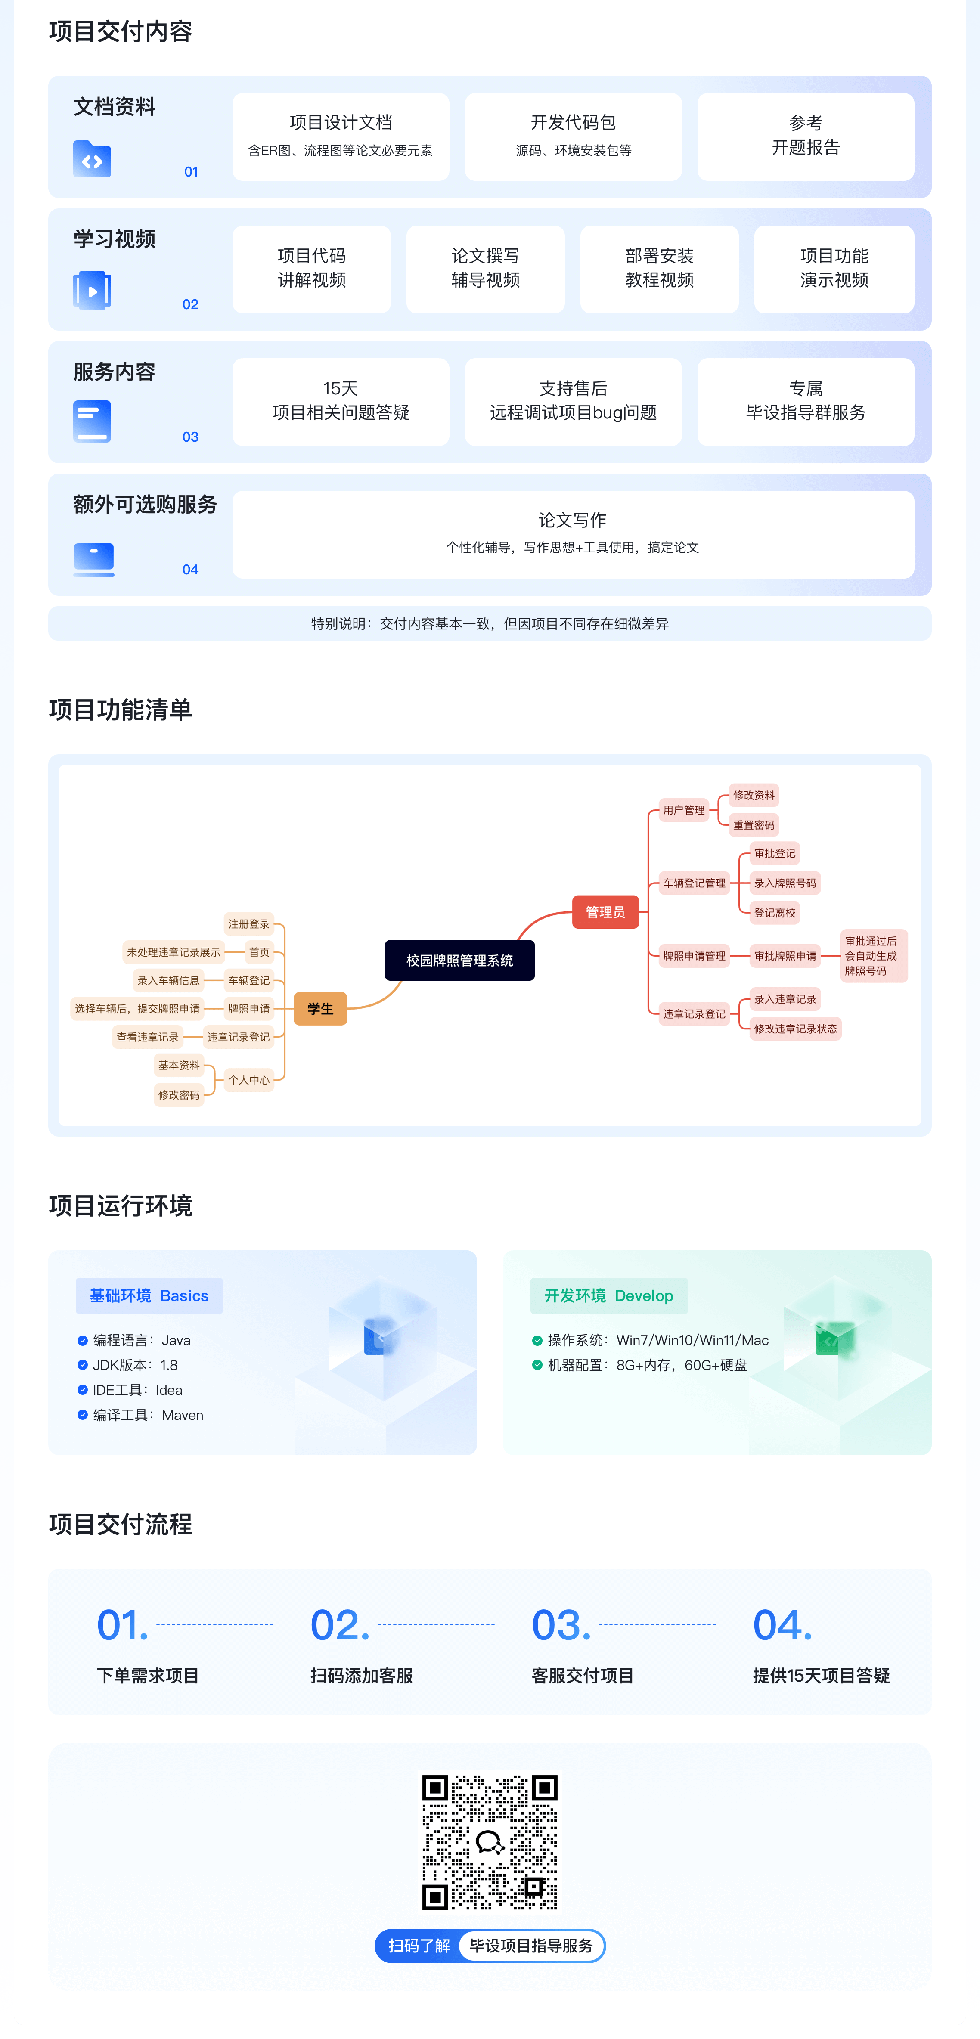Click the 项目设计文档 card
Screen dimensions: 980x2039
pos(341,136)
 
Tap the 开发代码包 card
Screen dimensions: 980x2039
pos(573,136)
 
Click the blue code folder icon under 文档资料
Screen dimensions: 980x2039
pos(92,159)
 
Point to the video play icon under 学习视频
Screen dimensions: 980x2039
pos(92,291)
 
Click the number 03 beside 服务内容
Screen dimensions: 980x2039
pos(190,437)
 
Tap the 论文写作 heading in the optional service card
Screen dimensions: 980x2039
pos(572,520)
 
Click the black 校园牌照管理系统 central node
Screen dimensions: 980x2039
pos(459,960)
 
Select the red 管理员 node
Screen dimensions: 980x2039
pos(605,912)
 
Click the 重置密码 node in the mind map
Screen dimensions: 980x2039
pos(754,825)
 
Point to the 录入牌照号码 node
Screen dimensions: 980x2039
pos(785,883)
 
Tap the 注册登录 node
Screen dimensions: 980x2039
pos(248,924)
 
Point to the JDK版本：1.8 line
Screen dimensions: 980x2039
pos(135,1365)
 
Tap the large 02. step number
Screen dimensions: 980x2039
pos(340,1624)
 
